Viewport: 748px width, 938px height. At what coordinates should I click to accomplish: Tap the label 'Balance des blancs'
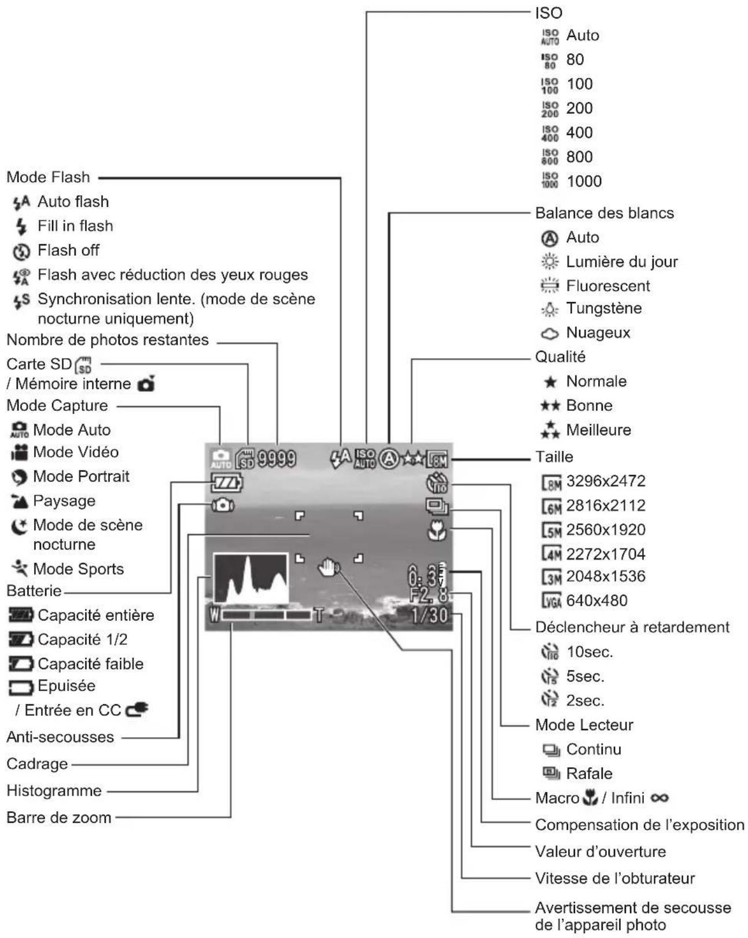pyautogui.click(x=604, y=213)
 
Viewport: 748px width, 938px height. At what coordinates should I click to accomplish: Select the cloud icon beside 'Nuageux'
pyautogui.click(x=550, y=333)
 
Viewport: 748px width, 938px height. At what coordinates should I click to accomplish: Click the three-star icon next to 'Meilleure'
pyautogui.click(x=550, y=429)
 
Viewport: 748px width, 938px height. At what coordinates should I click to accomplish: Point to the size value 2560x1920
pyautogui.click(x=606, y=529)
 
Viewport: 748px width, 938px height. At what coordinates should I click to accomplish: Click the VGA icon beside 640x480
pyautogui.click(x=551, y=601)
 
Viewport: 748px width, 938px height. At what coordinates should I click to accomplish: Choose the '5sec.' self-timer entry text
pyautogui.click(x=585, y=676)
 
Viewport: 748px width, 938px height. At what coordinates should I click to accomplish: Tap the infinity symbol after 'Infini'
pyautogui.click(x=659, y=798)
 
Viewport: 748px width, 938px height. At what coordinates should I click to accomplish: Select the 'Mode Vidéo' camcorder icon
pyautogui.click(x=20, y=453)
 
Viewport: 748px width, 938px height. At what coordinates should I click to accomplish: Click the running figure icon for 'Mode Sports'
pyautogui.click(x=20, y=568)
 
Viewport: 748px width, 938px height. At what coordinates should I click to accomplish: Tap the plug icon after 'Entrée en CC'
pyautogui.click(x=137, y=710)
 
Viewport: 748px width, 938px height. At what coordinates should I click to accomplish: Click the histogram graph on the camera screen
pyautogui.click(x=250, y=579)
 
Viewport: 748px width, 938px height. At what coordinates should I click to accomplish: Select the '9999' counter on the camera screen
pyautogui.click(x=277, y=458)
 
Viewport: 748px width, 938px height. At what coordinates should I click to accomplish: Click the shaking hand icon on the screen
pyautogui.click(x=329, y=567)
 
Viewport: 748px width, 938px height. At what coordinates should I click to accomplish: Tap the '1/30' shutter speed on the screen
pyautogui.click(x=429, y=615)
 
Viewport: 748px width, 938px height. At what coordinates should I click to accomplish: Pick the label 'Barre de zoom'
pyautogui.click(x=59, y=817)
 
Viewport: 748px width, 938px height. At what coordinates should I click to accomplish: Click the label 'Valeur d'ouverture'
pyautogui.click(x=600, y=851)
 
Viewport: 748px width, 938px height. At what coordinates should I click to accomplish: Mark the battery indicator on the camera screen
pyautogui.click(x=226, y=483)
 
